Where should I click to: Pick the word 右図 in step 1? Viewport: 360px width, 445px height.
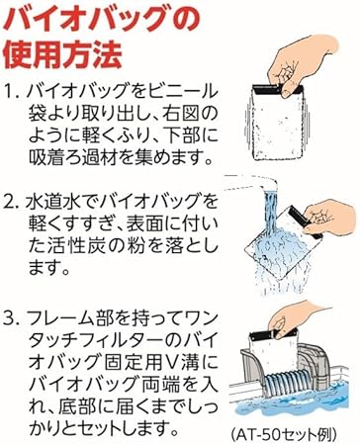(x=176, y=114)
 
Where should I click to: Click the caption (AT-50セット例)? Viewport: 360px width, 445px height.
(x=284, y=434)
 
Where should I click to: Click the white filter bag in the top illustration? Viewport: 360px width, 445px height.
(x=277, y=126)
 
